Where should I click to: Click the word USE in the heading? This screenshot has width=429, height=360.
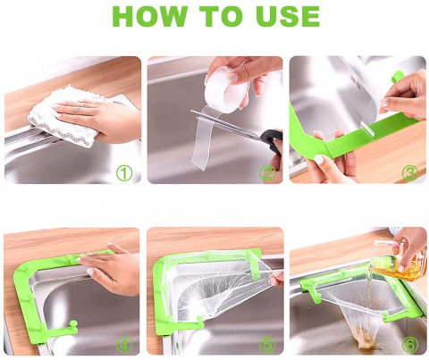(289, 16)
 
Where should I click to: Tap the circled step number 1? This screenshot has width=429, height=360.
(124, 173)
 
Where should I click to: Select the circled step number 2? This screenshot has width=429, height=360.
(267, 173)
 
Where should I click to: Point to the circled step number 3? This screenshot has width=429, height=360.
(410, 173)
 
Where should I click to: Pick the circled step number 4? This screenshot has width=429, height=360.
(124, 345)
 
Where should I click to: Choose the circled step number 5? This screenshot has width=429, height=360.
(267, 345)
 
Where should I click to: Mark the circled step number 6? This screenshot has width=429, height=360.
(410, 345)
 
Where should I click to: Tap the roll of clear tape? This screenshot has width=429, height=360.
(228, 89)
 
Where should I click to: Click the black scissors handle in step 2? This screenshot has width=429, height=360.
(272, 140)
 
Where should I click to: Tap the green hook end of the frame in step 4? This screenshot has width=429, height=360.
(72, 326)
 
